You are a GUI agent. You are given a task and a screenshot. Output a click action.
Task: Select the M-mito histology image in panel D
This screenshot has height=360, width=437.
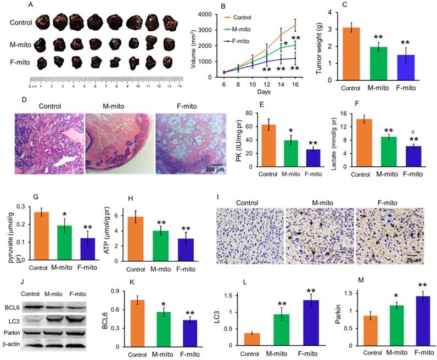click(119, 143)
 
